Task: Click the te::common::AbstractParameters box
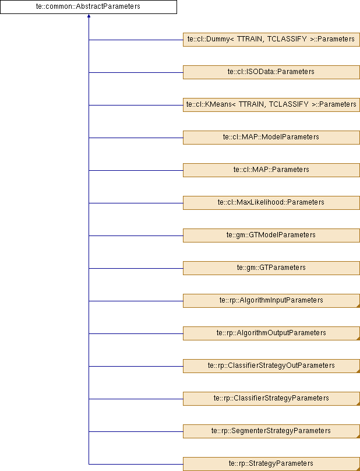89,7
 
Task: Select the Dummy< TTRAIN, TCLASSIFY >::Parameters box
271,40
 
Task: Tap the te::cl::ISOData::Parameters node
271,72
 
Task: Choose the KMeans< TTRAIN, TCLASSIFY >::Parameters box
271,105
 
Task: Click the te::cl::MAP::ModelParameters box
271,138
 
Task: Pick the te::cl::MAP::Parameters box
271,170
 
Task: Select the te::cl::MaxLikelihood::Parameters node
271,203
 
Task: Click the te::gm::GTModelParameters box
271,235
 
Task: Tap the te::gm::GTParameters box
271,268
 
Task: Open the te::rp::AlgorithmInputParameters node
271,301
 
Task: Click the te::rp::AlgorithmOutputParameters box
271,333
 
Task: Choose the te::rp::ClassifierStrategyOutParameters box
271,366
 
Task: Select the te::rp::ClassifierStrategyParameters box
271,399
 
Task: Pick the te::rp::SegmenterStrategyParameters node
271,431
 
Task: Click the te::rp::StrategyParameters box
271,464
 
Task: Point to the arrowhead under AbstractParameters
89,16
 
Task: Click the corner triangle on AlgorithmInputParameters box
358,306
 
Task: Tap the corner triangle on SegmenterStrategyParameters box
358,437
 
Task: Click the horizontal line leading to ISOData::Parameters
136,72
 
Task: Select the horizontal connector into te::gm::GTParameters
136,268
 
